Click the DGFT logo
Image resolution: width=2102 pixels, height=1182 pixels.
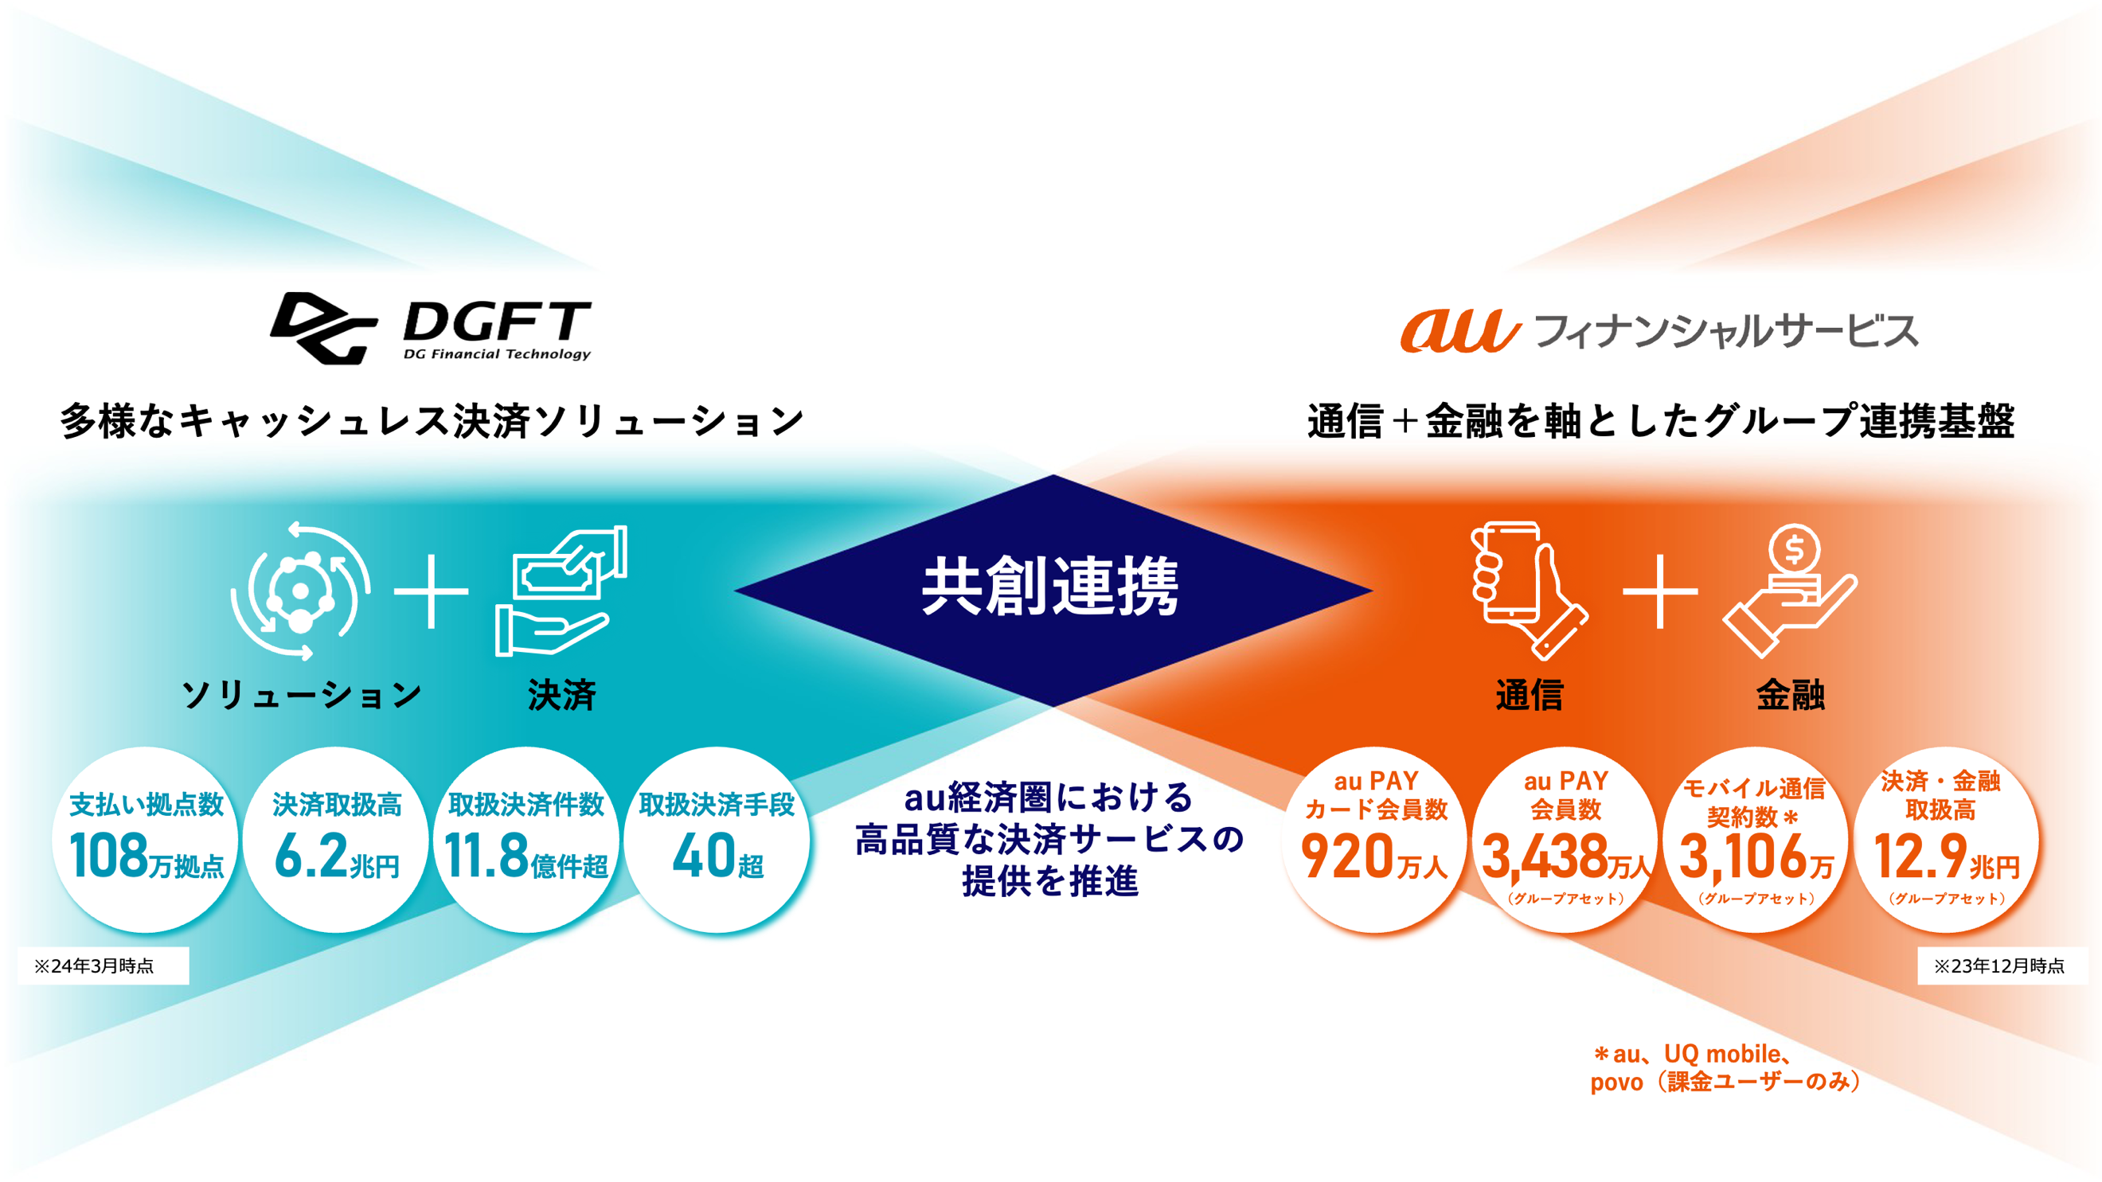[x=431, y=328]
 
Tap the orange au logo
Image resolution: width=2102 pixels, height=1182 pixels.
[x=1459, y=330]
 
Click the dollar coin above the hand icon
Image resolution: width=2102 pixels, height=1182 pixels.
[x=1795, y=550]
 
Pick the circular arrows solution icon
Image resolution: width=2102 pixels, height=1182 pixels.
[x=300, y=590]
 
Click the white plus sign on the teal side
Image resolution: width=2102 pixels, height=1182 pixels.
[x=431, y=591]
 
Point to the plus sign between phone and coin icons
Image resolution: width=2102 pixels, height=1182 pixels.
[x=1660, y=591]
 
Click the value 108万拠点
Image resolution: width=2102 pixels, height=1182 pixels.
[x=147, y=856]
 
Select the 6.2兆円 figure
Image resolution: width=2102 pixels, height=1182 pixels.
[x=337, y=856]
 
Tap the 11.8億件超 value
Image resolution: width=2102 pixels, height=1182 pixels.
[x=526, y=856]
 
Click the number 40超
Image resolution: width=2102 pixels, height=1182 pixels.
[x=718, y=856]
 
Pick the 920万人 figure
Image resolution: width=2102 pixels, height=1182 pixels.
[x=1375, y=856]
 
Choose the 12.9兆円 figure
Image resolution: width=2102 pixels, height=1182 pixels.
[x=1947, y=856]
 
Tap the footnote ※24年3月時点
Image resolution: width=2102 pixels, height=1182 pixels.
[x=94, y=965]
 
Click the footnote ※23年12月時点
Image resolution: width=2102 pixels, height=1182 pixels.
[x=1999, y=965]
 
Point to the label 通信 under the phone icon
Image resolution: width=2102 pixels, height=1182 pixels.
[x=1530, y=695]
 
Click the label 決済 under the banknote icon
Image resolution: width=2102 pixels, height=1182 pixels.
[x=561, y=695]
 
